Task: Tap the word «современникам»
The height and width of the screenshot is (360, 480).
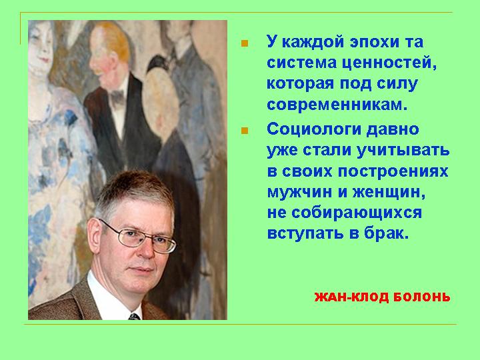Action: coord(337,105)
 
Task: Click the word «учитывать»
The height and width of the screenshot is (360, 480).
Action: coord(402,150)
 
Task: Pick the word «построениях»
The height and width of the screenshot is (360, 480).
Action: coord(393,171)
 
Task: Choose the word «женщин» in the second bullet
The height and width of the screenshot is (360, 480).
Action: coord(389,193)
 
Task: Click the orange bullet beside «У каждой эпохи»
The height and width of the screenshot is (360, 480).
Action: coord(245,43)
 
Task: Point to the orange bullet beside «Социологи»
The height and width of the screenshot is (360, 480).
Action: coord(245,131)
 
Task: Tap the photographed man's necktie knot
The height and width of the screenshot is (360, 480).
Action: coord(135,316)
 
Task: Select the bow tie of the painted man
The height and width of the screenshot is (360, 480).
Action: coord(117,97)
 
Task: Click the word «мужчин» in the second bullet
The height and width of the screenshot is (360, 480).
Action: coord(303,193)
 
